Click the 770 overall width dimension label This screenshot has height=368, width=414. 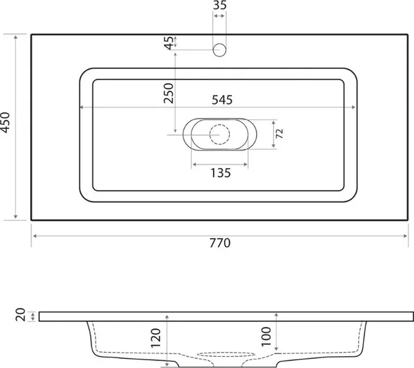tap(220, 243)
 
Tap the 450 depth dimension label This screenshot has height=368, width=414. tap(6, 122)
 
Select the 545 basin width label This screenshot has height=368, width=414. tap(222, 100)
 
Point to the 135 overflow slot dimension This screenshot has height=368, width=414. tap(221, 173)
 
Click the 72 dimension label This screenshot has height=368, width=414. tap(279, 134)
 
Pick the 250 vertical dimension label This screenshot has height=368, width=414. tap(168, 93)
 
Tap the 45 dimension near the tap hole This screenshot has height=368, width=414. tap(169, 43)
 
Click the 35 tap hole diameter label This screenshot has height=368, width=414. tap(220, 5)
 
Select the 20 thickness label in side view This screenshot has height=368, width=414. tap(20, 315)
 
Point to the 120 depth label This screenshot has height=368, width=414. tap(156, 338)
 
